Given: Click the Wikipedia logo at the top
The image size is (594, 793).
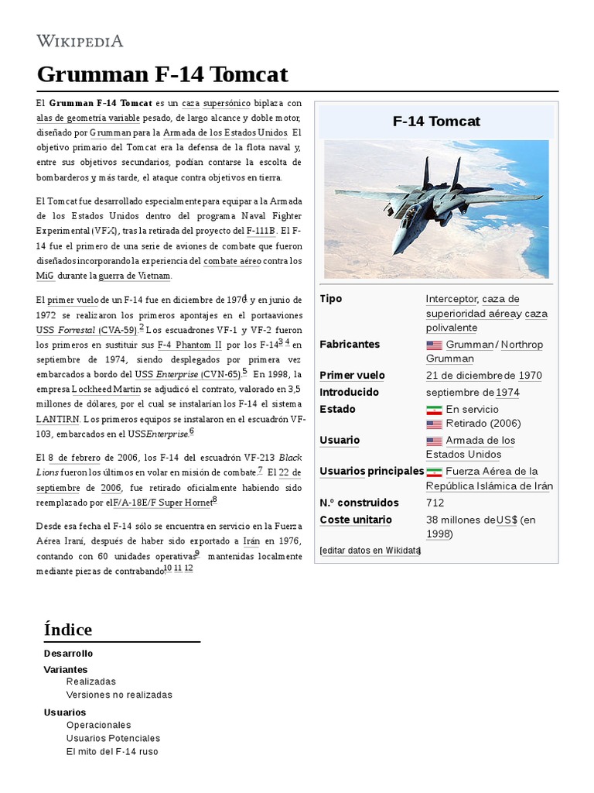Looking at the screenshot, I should pos(80,41).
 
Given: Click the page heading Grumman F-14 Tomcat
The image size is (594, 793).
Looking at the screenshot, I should pos(162,74).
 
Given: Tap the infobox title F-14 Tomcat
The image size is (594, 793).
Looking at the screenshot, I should pos(436,122).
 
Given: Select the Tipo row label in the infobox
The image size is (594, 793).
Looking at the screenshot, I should pos(330,299).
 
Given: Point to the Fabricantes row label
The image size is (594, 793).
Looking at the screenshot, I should pos(350,344).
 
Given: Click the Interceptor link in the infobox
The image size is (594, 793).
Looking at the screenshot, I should pos(452,299).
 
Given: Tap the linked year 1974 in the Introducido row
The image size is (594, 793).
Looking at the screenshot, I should pos(508,393).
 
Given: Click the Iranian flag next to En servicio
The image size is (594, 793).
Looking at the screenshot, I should pos(434,410).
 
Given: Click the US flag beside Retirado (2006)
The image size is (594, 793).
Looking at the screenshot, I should pos(434,424).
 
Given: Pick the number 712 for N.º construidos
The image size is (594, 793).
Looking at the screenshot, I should pos(435,503).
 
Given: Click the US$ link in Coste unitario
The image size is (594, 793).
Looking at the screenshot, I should pos(507,520).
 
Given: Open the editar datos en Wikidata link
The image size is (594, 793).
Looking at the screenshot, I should pos(370,551).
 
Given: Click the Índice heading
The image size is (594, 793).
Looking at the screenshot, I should pos(68,630).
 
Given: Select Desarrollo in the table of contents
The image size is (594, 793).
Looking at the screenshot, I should pos(69,654).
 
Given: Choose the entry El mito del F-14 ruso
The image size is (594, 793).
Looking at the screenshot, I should pos(112,751).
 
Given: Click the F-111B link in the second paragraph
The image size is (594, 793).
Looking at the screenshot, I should pos(259,231).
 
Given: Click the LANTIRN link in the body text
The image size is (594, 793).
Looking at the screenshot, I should pos(56,419).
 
